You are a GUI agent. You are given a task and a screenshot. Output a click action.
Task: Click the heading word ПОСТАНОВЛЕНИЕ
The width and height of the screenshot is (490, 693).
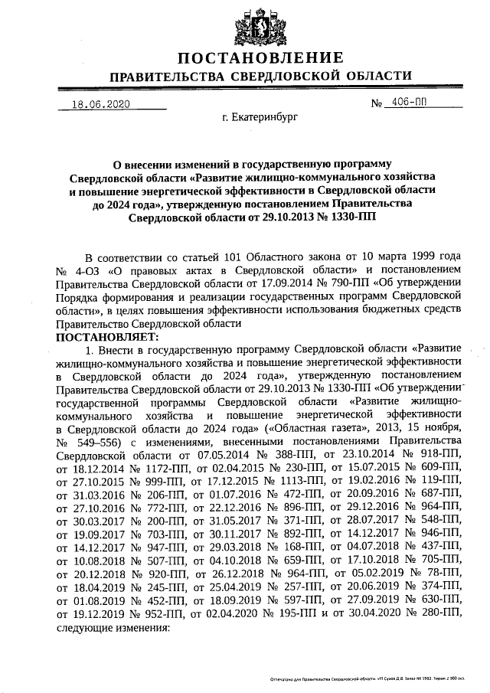pos(260,59)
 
